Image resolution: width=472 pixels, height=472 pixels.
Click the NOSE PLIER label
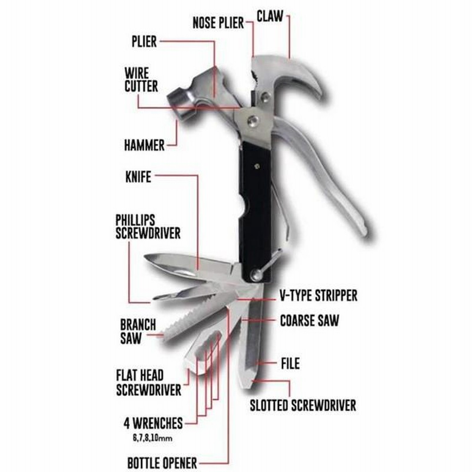tap(218, 23)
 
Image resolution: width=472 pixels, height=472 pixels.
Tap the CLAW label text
tap(270, 16)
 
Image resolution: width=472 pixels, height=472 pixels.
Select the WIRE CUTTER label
tap(141, 80)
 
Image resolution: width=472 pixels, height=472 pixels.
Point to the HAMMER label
tap(144, 145)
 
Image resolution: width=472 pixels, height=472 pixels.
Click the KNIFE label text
tap(138, 176)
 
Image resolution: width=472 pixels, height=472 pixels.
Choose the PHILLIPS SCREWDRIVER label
tap(148, 227)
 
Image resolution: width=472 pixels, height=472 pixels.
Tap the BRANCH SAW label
tap(138, 332)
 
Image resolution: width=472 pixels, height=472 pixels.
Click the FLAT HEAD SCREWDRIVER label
tap(149, 382)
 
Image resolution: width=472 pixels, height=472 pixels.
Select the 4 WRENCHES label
tap(153, 423)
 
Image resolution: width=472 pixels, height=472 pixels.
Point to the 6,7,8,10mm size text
tap(153, 438)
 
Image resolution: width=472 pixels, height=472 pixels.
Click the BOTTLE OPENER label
tap(162, 463)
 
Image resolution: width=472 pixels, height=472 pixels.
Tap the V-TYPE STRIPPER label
tap(319, 296)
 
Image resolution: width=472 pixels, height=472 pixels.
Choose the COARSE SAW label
tap(309, 320)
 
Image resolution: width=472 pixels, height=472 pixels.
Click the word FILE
tap(290, 363)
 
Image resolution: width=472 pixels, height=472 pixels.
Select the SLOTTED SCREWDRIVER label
tap(303, 405)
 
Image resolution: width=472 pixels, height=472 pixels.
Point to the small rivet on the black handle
tap(257, 166)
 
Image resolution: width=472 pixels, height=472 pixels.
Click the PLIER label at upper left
tap(144, 41)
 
